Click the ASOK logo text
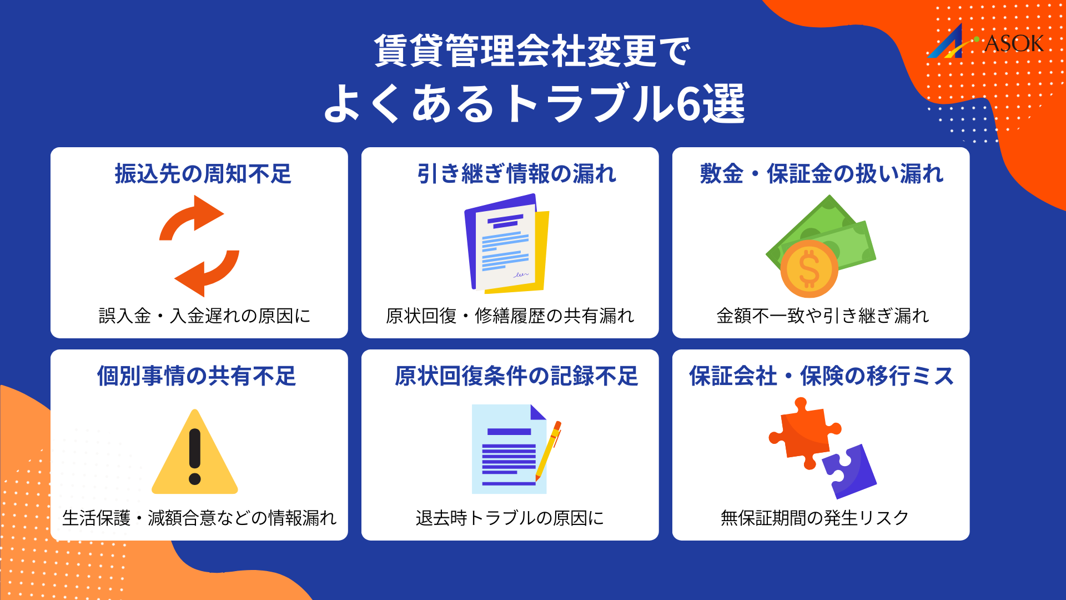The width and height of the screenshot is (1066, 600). click(1013, 43)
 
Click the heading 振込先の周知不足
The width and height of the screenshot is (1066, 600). click(203, 174)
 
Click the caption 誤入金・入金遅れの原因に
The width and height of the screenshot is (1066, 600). click(204, 316)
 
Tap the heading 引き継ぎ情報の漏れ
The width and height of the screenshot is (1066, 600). click(516, 174)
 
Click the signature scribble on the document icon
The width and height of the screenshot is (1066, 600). click(521, 274)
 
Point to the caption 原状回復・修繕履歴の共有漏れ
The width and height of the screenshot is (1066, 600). click(510, 316)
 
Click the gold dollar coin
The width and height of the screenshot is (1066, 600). click(809, 269)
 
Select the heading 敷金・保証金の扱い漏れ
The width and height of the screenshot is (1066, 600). click(821, 174)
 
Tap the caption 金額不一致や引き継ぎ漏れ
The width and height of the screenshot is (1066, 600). click(822, 316)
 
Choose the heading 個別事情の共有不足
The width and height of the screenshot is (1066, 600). click(197, 376)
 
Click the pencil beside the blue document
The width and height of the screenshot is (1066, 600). click(549, 450)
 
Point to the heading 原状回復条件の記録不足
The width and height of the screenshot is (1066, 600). click(516, 376)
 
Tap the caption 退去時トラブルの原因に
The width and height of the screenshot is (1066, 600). click(510, 518)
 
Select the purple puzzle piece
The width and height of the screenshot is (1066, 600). click(849, 471)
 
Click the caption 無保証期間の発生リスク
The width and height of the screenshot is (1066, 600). click(814, 518)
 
